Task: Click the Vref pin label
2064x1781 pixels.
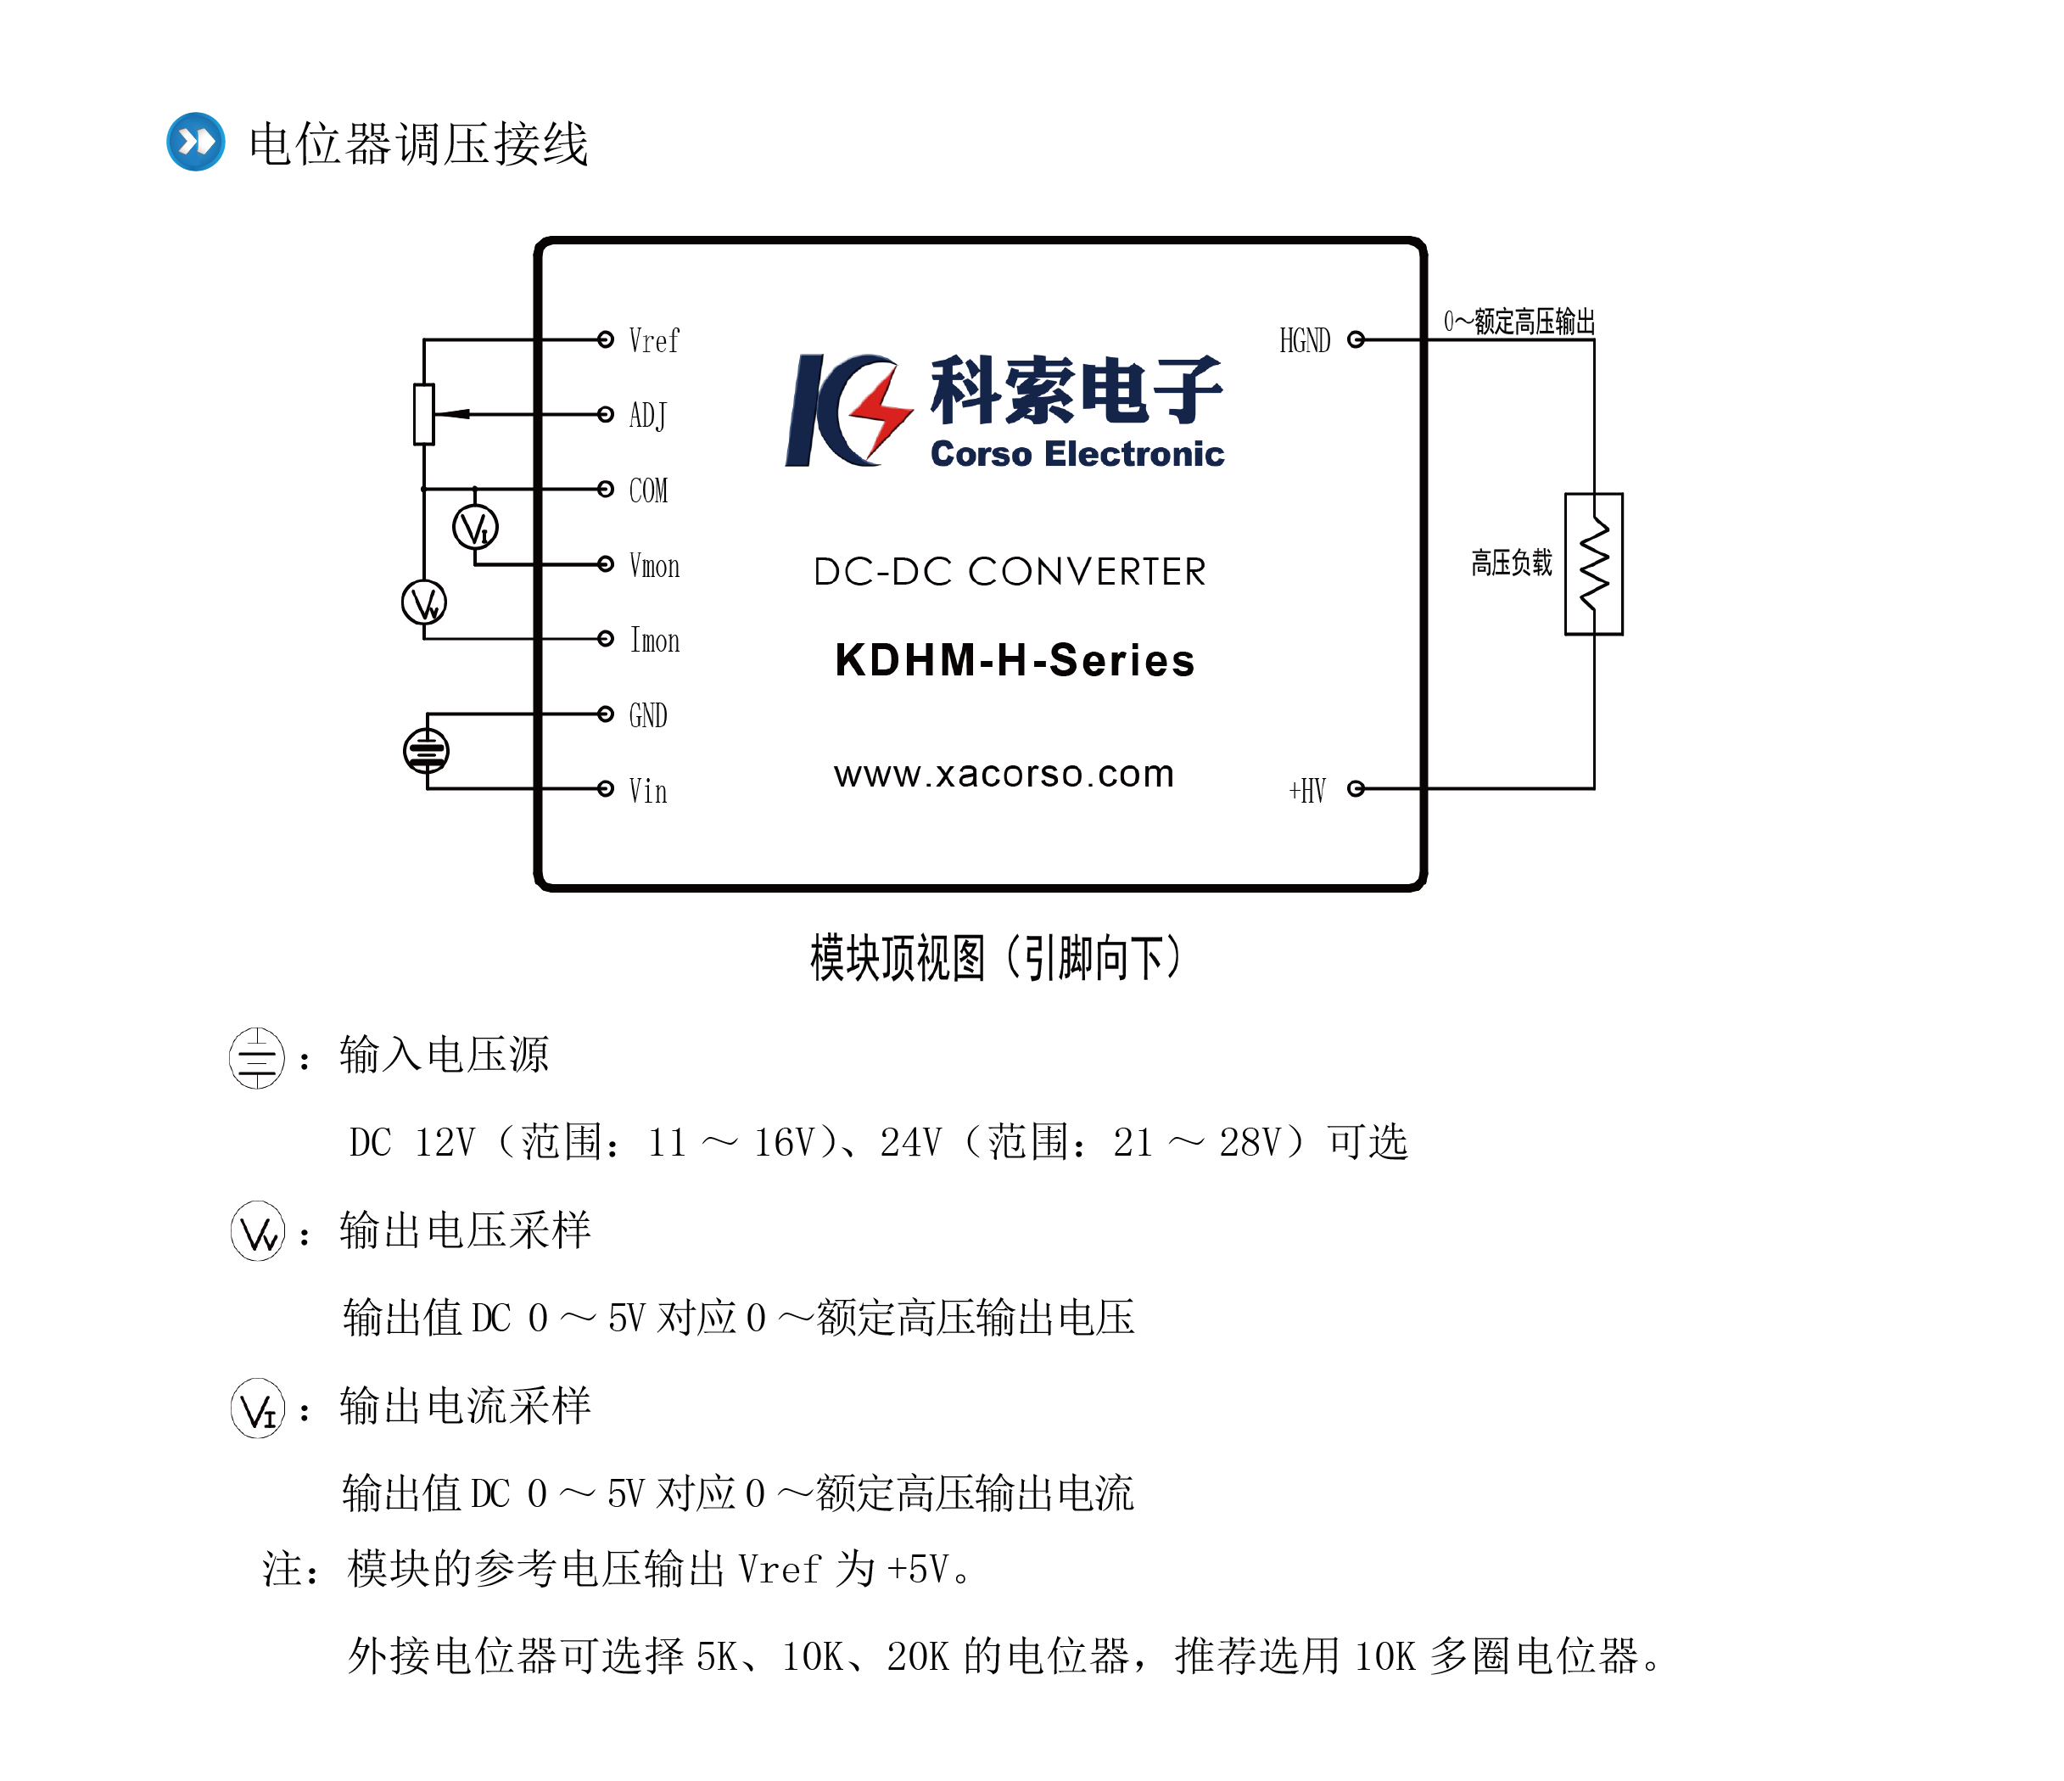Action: click(x=653, y=340)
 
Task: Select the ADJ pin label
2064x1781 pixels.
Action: click(x=647, y=416)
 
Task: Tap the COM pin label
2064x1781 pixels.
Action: click(x=647, y=490)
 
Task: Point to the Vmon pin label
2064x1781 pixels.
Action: click(x=654, y=566)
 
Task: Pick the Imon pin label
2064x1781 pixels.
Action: click(x=654, y=641)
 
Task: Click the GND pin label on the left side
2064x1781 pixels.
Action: click(x=647, y=715)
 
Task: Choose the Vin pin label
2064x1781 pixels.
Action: click(x=647, y=791)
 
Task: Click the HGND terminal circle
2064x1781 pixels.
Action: click(x=1355, y=339)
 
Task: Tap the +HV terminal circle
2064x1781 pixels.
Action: click(x=1355, y=789)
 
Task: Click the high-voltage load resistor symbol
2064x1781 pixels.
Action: click(x=1594, y=563)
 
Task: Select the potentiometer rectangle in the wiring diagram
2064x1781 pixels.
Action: click(x=424, y=413)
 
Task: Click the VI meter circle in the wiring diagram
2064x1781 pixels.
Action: click(x=475, y=527)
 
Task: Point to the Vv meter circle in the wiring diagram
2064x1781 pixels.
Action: click(x=423, y=602)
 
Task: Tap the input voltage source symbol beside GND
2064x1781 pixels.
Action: click(x=427, y=751)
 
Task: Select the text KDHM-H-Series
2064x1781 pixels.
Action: click(x=1014, y=660)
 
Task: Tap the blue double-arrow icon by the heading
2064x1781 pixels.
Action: click(x=195, y=142)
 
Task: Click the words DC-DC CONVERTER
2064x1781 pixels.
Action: click(x=1009, y=572)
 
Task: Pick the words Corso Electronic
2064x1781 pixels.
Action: click(x=1077, y=454)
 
